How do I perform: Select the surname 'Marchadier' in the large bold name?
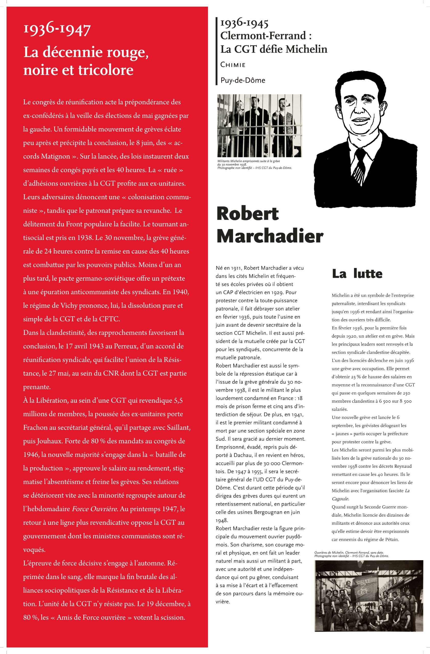click(270, 236)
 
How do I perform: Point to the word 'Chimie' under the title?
click(233, 65)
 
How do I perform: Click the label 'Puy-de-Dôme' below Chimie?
click(243, 80)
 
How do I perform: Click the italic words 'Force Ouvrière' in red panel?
click(95, 509)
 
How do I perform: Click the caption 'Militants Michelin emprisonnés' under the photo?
click(248, 161)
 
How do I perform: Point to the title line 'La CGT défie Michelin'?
click(274, 49)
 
